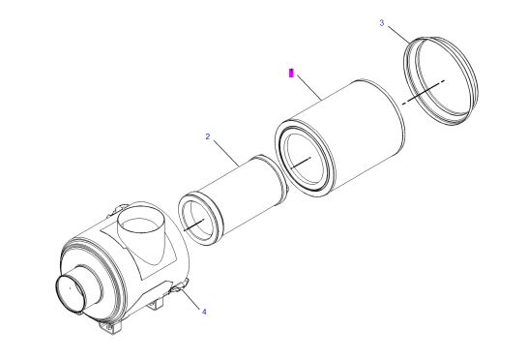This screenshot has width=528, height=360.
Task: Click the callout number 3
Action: [382, 23]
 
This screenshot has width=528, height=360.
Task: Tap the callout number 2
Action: [208, 136]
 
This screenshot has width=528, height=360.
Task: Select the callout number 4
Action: [204, 312]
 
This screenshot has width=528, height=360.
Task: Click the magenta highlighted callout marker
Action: [291, 73]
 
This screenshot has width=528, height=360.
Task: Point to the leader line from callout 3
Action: [399, 35]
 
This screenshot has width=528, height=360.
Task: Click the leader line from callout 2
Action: [226, 153]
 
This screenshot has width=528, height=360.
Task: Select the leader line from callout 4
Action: [191, 297]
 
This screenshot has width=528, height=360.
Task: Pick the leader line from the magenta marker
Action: [308, 88]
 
